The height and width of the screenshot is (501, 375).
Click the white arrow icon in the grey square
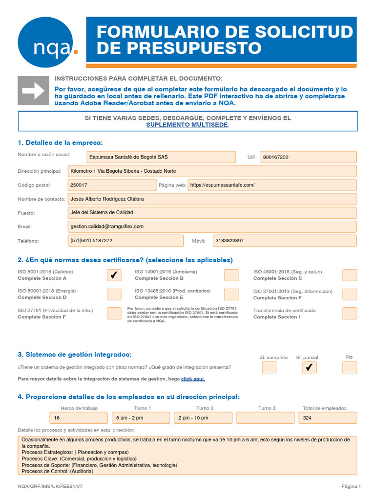tap(33, 91)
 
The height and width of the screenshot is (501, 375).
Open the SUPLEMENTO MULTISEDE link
tap(187, 125)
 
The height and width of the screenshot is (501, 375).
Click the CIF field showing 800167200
tap(309, 157)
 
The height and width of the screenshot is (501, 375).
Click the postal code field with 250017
tap(112, 185)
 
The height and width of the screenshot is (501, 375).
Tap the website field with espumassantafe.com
tap(272, 185)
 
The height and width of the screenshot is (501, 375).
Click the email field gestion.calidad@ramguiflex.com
tap(212, 227)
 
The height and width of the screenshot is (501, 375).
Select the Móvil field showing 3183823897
tap(285, 241)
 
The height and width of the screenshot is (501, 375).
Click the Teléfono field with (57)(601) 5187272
tap(125, 241)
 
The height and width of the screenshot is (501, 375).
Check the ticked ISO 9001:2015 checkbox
tap(114, 275)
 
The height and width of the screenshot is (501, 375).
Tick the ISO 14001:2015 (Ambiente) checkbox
tap(231, 275)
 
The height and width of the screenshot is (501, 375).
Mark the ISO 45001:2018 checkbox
tap(350, 275)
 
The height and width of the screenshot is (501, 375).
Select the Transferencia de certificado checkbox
tap(350, 313)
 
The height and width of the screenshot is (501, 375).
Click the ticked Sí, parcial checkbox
tap(310, 367)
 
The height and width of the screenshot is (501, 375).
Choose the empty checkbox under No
tap(350, 367)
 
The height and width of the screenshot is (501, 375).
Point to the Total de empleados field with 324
tap(328, 418)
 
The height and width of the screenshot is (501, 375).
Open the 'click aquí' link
tap(193, 379)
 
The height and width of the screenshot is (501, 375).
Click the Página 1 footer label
tap(351, 486)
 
